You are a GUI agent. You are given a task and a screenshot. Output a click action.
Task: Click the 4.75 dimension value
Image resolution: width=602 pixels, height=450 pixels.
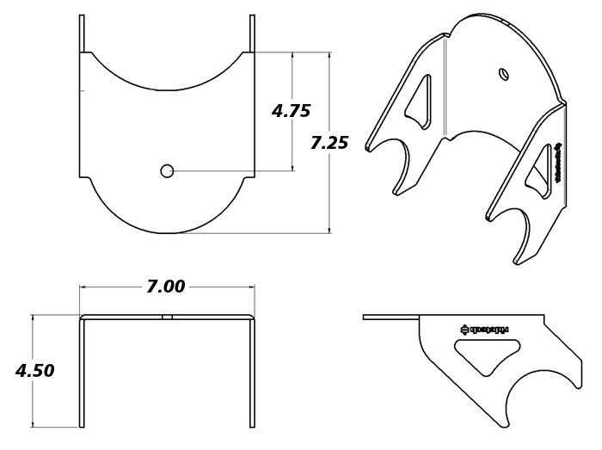point(291,111)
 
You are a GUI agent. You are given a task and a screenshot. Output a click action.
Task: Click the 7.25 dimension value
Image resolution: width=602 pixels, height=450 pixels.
point(329,143)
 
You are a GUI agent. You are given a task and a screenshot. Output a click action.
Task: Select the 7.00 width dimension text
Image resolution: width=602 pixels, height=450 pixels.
point(166,287)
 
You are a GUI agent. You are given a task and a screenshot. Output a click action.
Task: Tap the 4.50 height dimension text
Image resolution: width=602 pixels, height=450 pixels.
point(35,371)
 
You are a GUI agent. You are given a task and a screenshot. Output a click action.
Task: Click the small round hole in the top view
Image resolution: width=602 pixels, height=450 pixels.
point(168,170)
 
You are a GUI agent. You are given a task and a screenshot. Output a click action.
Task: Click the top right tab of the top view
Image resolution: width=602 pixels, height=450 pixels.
point(252,33)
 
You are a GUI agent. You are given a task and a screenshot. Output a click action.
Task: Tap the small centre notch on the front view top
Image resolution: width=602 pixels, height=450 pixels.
point(168,317)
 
